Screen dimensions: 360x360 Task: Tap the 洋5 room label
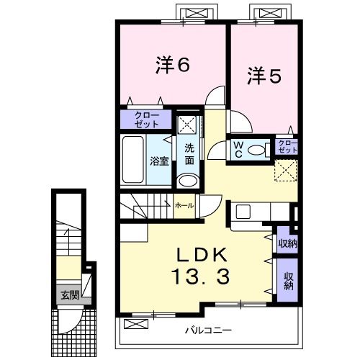click(264, 74)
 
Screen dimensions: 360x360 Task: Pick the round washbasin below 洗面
click(187, 181)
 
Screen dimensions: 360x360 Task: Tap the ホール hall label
click(184, 205)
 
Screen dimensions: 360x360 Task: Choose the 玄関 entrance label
click(69, 294)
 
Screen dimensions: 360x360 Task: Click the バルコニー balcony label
click(208, 330)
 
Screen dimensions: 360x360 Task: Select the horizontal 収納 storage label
click(287, 243)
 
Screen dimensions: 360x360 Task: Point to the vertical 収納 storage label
click(288, 281)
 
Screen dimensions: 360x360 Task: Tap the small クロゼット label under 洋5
click(286, 147)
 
